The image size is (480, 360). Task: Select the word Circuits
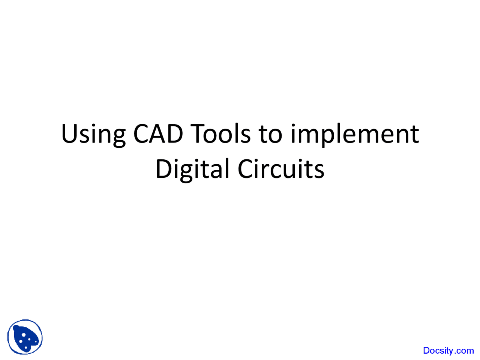click(x=281, y=169)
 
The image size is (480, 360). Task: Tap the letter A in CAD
click(x=158, y=134)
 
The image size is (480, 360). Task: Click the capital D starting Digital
click(x=163, y=169)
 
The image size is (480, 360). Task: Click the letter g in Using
click(x=118, y=137)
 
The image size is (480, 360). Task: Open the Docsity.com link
click(x=448, y=351)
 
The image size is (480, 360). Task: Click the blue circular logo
click(x=25, y=337)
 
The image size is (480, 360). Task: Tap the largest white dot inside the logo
click(x=23, y=334)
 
